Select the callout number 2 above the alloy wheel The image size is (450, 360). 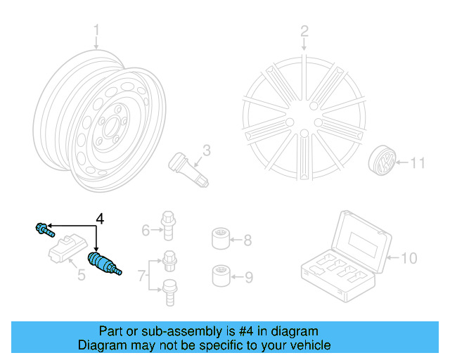tap(304, 31)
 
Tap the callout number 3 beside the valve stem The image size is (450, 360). tap(207, 150)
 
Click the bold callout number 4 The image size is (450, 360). tap(99, 219)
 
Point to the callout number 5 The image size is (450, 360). tap(81, 275)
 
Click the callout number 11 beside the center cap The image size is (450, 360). tap(418, 164)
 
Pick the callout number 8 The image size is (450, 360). tap(247, 241)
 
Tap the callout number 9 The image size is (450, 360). tap(247, 277)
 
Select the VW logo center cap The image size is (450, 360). tap(382, 164)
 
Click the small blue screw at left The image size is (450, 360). tap(43, 228)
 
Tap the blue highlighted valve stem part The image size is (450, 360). tap(102, 264)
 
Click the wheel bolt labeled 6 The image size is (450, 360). tap(168, 223)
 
